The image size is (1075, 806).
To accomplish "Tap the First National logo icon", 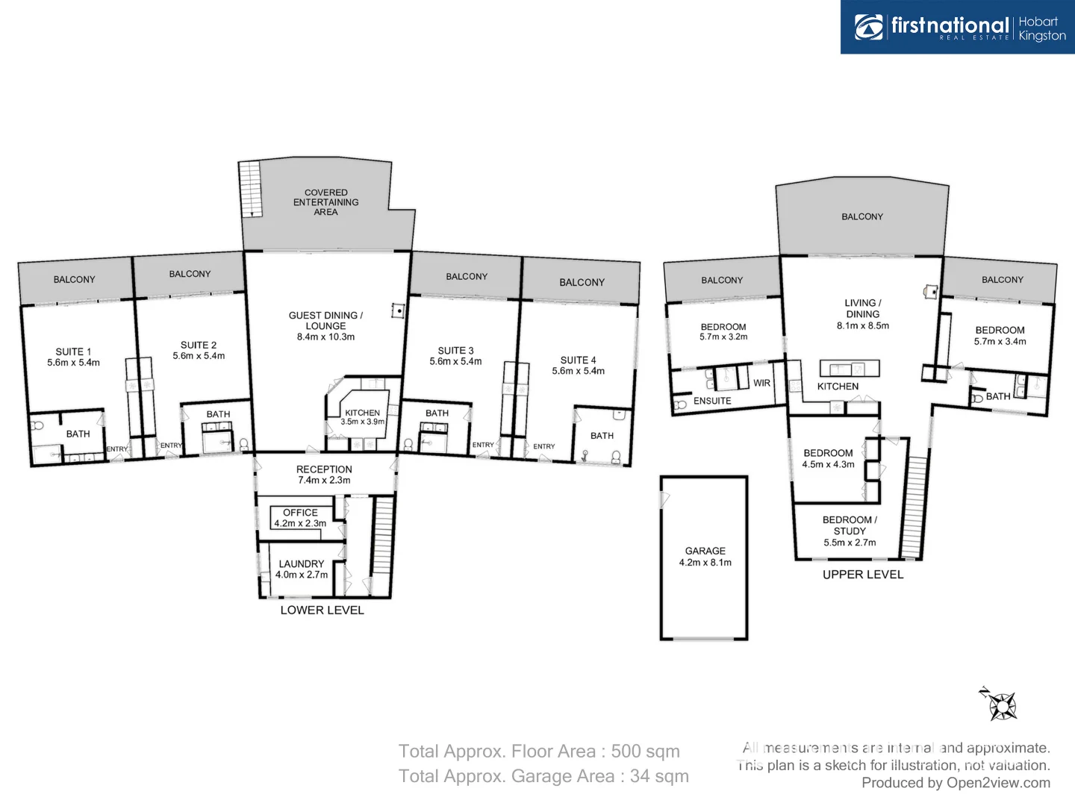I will [869, 27].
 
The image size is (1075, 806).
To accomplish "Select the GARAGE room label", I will [705, 551].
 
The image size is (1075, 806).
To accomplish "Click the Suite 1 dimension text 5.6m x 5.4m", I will [73, 363].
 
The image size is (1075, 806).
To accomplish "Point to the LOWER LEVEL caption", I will [322, 610].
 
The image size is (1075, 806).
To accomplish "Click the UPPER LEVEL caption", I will [863, 575].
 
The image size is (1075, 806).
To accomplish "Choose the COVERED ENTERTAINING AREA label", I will [325, 202].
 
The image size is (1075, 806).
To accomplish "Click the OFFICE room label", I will [300, 513].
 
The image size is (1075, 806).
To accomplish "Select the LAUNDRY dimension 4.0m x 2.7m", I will [301, 575].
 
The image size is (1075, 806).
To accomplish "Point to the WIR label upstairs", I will [761, 383].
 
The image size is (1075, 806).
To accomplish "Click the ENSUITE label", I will [712, 401].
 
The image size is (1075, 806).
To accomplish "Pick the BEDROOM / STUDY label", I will [850, 525].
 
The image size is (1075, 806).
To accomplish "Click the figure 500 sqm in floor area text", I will [645, 751].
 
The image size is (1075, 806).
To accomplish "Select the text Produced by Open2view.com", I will [956, 782].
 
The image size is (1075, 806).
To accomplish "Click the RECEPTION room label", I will [324, 469].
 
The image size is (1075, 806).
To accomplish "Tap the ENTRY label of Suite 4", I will [543, 446].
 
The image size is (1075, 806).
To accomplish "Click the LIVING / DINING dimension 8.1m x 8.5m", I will [862, 325].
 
